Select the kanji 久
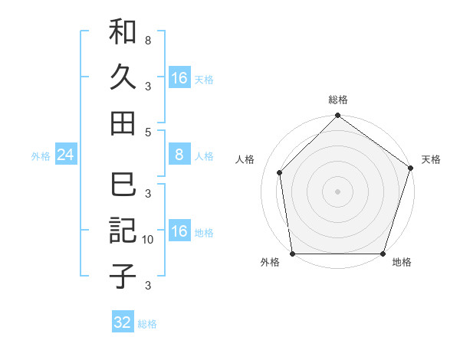pyautogui.click(x=123, y=77)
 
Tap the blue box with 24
pyautogui.click(x=66, y=155)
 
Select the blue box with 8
pyautogui.click(x=179, y=155)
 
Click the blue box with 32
pyautogui.click(x=123, y=322)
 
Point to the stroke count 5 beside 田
pyautogui.click(x=148, y=131)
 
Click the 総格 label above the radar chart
pyautogui.click(x=337, y=100)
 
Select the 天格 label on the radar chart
pyautogui.click(x=431, y=159)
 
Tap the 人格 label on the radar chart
pyautogui.click(x=245, y=159)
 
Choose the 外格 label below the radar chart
pyautogui.click(x=270, y=263)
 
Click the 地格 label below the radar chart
pyautogui.click(x=402, y=263)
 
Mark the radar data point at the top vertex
pyautogui.click(x=337, y=116)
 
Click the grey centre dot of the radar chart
pyautogui.click(x=337, y=191)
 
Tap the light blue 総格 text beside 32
pyautogui.click(x=148, y=324)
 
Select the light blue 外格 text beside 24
pyautogui.click(x=41, y=156)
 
